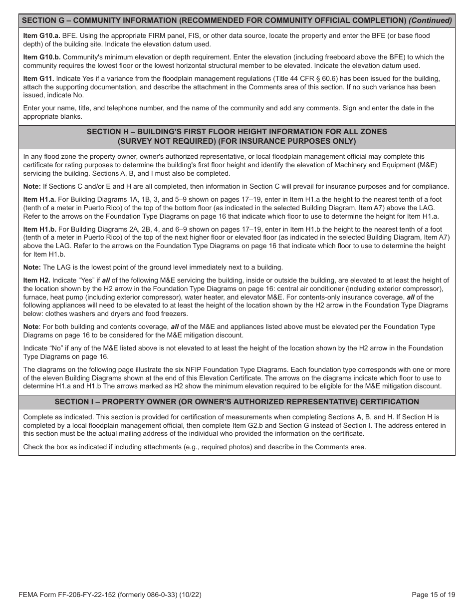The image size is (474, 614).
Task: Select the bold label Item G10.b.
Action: (x=42, y=57)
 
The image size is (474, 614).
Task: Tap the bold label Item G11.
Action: (x=39, y=78)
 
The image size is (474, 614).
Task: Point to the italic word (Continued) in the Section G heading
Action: (x=430, y=20)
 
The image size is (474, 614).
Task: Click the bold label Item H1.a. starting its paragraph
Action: (x=40, y=199)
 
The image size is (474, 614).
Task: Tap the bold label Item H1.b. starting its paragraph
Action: (x=40, y=229)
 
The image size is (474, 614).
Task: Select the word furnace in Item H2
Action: (x=35, y=297)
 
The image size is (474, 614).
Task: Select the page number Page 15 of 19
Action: (x=433, y=595)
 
